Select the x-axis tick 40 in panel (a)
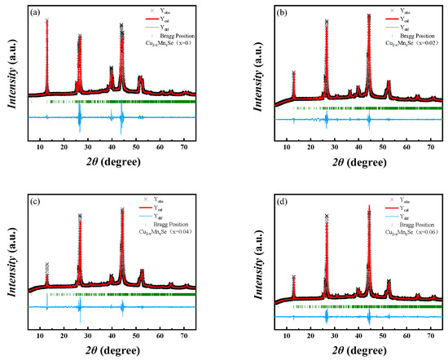pyautogui.click(x=112, y=148)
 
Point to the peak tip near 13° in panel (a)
pyautogui.click(x=46, y=20)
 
